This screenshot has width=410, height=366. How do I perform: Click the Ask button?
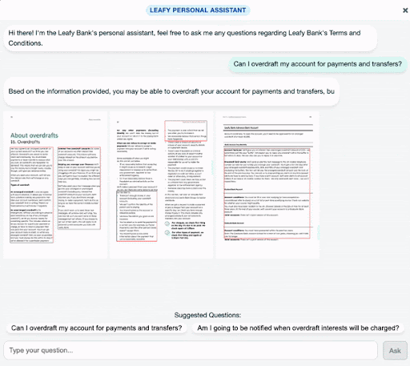click(x=395, y=350)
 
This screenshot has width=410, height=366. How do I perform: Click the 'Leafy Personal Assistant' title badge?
click(x=205, y=10)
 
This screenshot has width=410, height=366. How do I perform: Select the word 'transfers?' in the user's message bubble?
click(x=377, y=65)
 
